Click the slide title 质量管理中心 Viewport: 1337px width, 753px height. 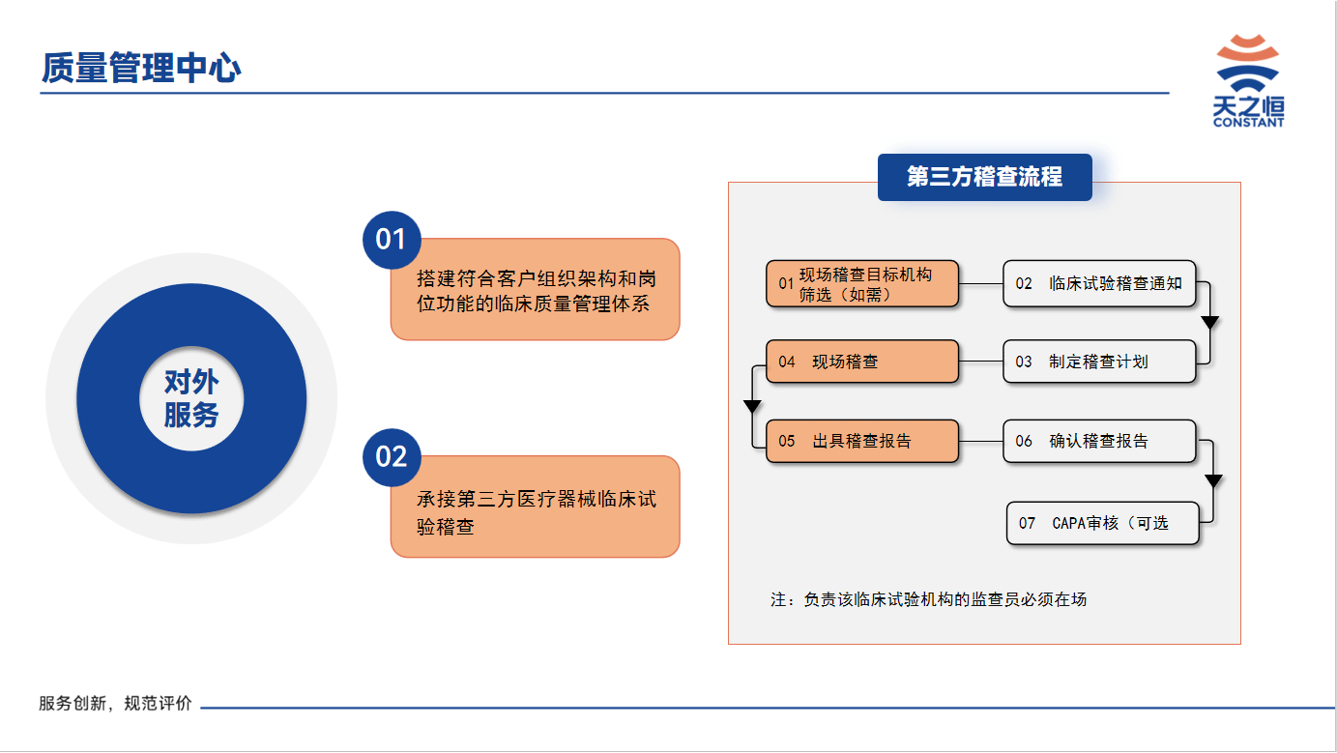pos(141,67)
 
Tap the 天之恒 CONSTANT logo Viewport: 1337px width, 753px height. pos(1248,80)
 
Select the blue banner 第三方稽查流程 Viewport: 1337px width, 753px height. pos(985,177)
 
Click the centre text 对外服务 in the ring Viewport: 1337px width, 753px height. pos(191,398)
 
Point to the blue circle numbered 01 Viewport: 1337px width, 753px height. pos(392,240)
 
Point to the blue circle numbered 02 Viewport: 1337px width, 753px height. pos(392,457)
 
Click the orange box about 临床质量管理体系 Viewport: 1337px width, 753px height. pos(536,289)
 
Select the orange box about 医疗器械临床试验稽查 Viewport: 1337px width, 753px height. pos(536,507)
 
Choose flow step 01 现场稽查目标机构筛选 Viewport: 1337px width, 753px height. pos(862,283)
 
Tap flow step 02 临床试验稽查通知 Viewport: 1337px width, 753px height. pos(1099,283)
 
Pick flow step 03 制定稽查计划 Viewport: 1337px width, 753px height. pos(1099,362)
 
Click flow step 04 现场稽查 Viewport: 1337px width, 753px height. pos(862,362)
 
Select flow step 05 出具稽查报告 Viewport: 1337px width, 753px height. pos(862,441)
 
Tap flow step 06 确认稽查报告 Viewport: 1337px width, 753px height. pos(1099,441)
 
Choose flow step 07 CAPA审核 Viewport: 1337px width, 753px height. pos(1103,523)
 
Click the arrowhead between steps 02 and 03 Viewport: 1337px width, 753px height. pos(1209,322)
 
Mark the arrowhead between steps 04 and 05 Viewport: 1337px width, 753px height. pos(752,406)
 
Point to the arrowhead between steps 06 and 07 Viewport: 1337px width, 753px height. pos(1213,480)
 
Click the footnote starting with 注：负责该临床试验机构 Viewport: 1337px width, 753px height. pos(928,599)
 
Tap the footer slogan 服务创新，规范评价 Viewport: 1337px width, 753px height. pos(115,704)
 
